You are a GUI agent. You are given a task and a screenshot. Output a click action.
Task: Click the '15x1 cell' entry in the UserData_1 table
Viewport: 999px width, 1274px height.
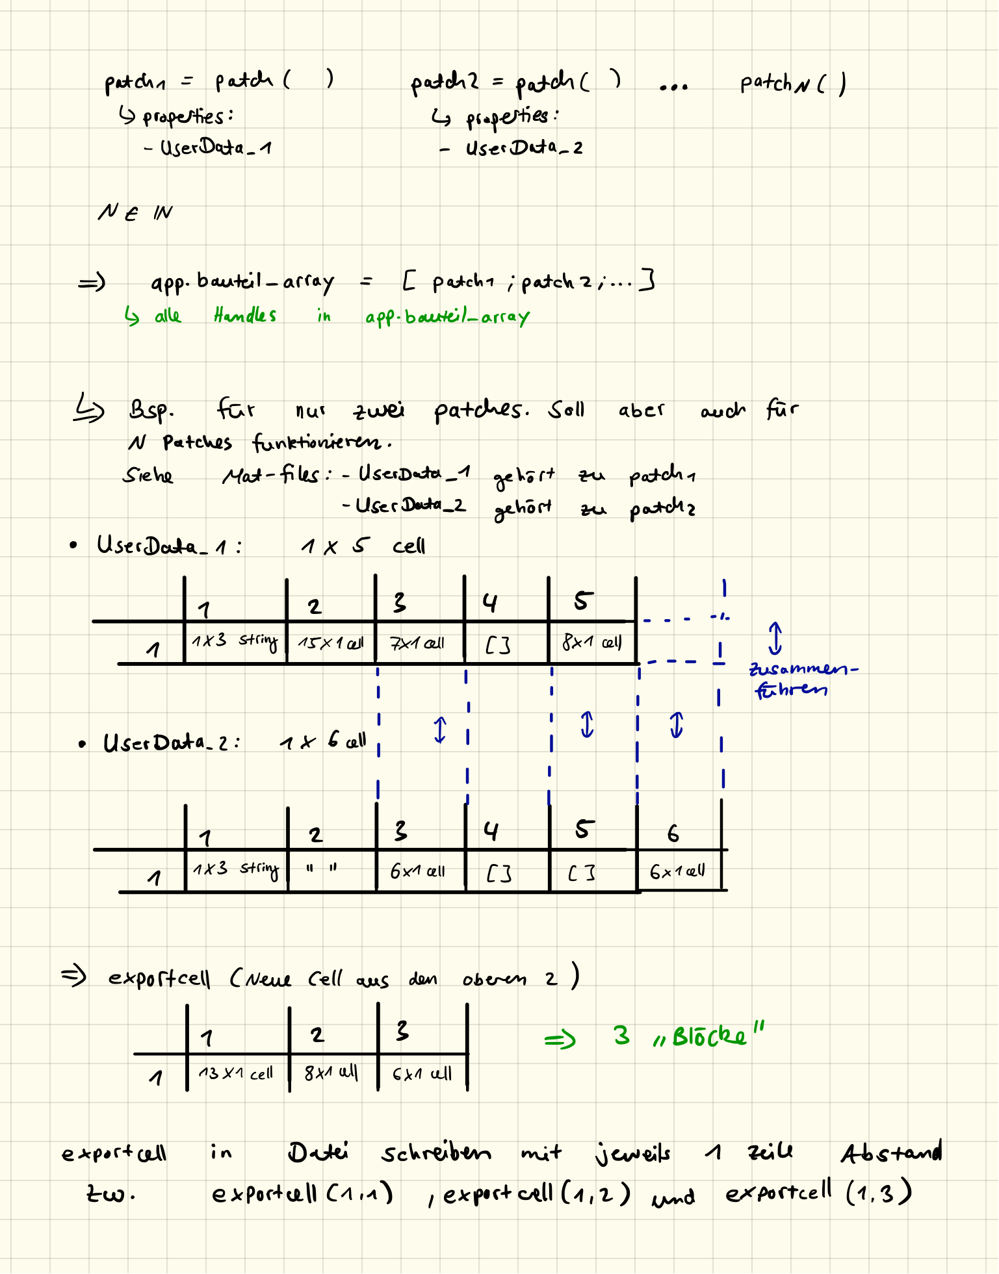pyautogui.click(x=330, y=643)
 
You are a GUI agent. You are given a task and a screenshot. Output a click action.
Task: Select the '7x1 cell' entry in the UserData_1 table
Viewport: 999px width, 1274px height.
pyautogui.click(x=417, y=643)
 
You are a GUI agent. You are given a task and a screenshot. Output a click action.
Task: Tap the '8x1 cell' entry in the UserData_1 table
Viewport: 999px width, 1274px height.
pyautogui.click(x=591, y=643)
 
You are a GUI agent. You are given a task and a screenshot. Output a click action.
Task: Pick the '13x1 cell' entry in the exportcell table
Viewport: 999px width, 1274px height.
pyautogui.click(x=235, y=1073)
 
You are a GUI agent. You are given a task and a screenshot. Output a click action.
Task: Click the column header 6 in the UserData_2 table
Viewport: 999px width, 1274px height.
pyautogui.click(x=673, y=833)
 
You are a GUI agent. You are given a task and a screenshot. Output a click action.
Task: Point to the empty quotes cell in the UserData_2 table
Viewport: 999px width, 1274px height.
pyautogui.click(x=322, y=868)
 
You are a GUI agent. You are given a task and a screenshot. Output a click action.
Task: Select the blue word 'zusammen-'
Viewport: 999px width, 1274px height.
pyautogui.click(x=803, y=669)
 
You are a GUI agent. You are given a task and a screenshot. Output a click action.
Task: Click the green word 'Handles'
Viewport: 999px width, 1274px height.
pyautogui.click(x=245, y=316)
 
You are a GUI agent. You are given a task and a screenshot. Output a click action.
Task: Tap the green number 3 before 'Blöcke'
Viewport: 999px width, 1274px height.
pyautogui.click(x=621, y=1035)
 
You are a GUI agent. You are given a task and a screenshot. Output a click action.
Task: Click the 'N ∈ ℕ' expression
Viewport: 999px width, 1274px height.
pyautogui.click(x=135, y=212)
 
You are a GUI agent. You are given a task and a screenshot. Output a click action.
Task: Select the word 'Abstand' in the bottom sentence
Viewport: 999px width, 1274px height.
pyautogui.click(x=891, y=1153)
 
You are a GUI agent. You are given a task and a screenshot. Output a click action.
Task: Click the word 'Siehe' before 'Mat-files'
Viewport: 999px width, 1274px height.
pyautogui.click(x=148, y=476)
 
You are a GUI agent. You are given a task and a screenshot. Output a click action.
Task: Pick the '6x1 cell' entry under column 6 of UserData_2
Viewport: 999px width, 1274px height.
pyautogui.click(x=677, y=871)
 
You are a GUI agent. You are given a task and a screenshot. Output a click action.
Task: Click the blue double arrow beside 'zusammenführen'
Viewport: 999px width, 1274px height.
pyautogui.click(x=775, y=638)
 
